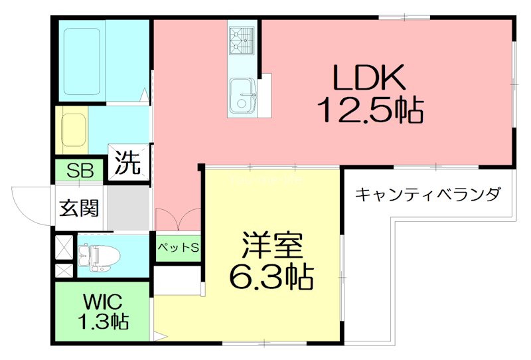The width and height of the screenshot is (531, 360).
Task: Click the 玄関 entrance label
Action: [80, 208]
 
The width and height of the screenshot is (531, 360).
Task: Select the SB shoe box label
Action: [79, 171]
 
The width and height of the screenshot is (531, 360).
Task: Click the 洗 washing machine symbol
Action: [129, 162]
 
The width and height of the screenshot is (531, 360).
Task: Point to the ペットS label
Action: [178, 248]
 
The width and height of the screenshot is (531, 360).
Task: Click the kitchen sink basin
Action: [241, 97]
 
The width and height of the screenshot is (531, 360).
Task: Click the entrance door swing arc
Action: [27, 203]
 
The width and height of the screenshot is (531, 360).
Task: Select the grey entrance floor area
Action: [129, 207]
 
